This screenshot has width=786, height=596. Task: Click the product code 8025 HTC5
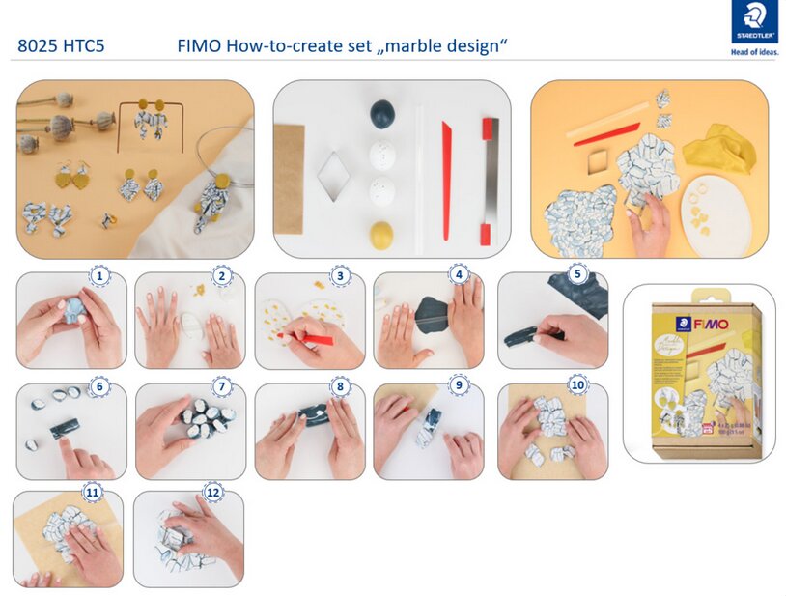61,45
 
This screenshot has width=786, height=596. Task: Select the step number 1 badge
98,276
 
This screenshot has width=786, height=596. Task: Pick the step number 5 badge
577,274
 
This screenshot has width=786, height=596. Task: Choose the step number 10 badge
577,385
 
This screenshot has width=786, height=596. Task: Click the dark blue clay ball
382,114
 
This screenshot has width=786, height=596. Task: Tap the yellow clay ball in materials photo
382,235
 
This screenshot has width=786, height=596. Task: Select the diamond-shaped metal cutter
332,176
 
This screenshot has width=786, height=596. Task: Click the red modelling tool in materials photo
446,179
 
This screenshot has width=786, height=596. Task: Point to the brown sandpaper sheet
290,184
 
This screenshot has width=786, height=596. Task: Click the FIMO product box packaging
700,371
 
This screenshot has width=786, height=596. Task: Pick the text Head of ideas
754,52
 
